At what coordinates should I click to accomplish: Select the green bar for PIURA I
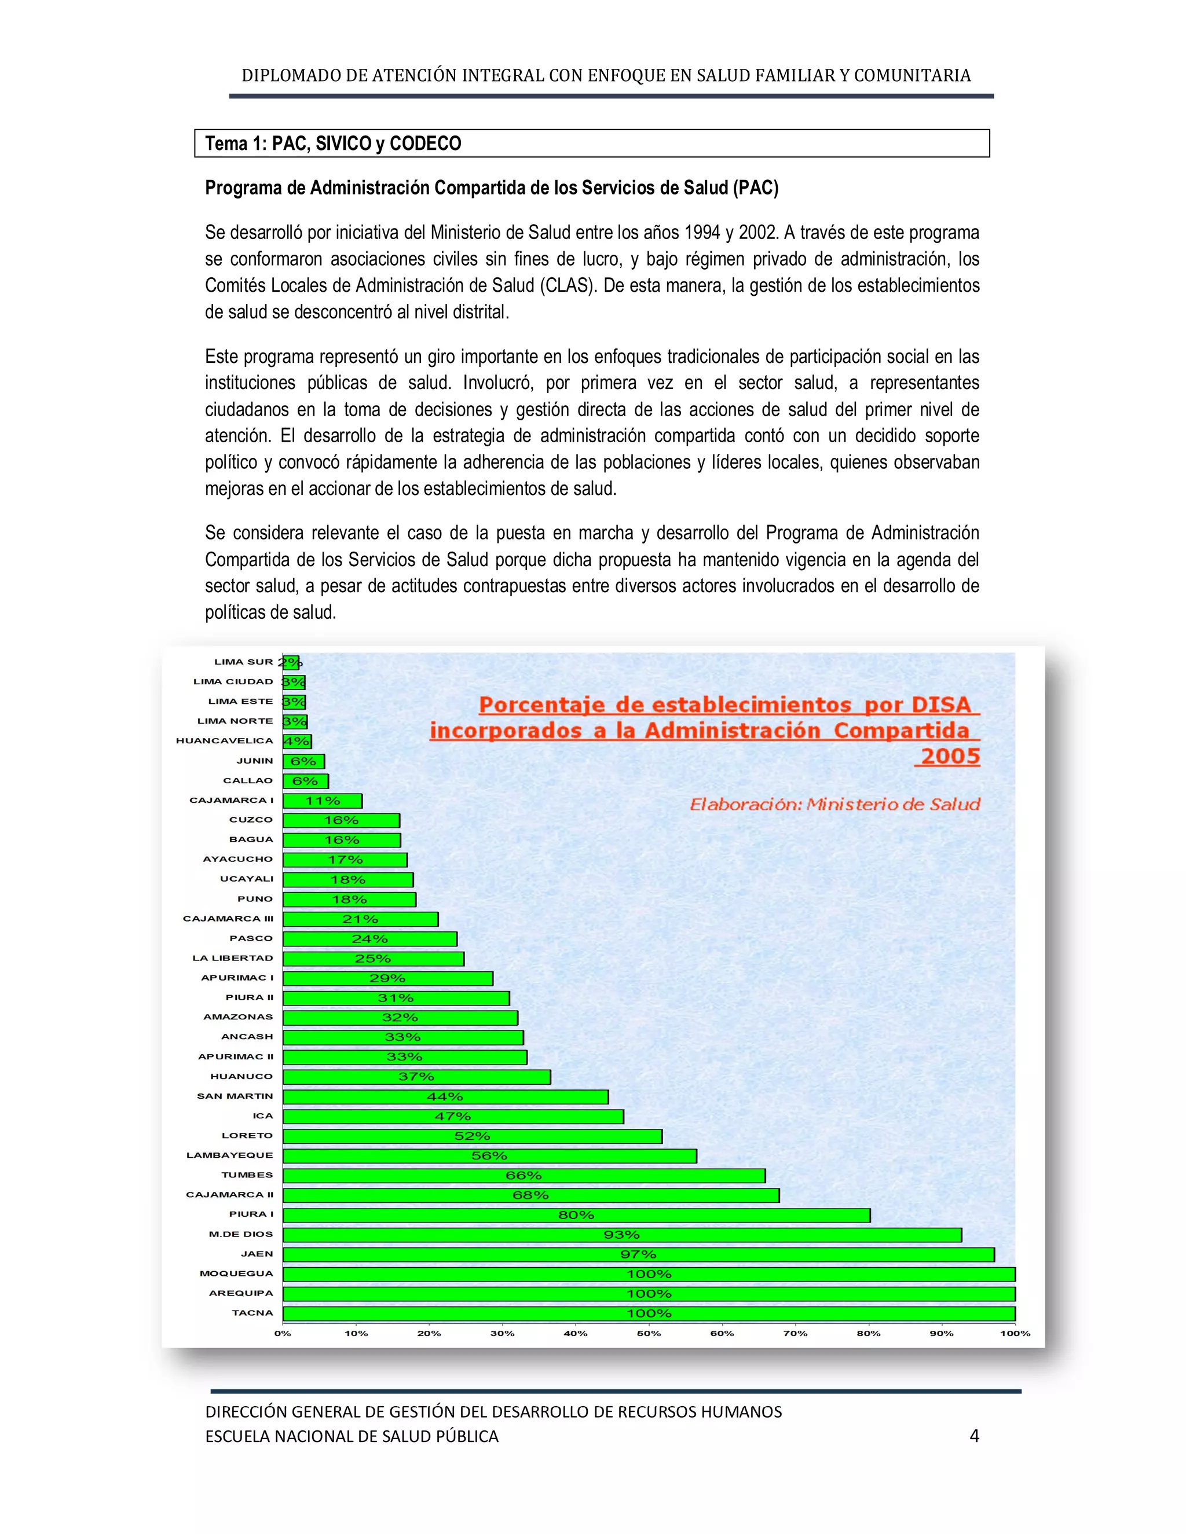576,1215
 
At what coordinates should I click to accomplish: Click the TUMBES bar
524,1176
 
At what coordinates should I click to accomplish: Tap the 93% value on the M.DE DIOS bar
621,1235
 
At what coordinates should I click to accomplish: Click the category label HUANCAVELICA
224,740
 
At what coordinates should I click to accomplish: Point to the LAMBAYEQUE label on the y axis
229,1155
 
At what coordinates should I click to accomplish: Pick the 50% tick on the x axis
649,1333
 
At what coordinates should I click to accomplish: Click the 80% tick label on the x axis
869,1333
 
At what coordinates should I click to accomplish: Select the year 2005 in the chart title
950,757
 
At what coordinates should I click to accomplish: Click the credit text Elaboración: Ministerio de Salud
834,804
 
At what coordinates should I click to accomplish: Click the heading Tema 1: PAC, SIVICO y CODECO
333,144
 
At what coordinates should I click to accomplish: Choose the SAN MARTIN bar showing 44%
445,1097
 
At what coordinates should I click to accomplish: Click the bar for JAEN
638,1254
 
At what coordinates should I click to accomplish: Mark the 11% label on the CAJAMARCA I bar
323,801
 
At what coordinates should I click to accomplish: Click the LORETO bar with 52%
472,1136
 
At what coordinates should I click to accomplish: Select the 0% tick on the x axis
283,1333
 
